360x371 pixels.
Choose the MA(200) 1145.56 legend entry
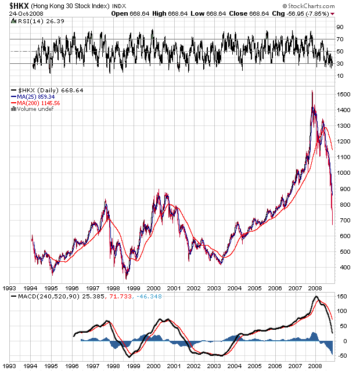click(x=38, y=103)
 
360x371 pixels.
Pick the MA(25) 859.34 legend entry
click(x=37, y=97)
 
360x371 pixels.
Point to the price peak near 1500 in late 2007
click(x=312, y=92)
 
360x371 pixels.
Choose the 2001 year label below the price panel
click(x=173, y=287)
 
